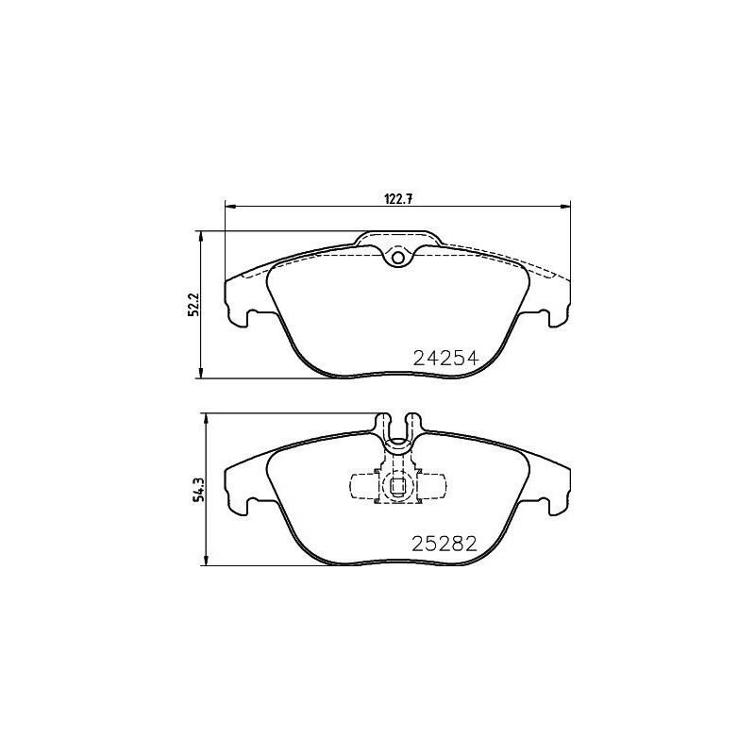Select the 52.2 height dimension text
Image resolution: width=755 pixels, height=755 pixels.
[x=193, y=305]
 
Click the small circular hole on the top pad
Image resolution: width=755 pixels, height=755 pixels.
[x=397, y=257]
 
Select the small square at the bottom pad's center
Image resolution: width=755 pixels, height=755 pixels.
[x=397, y=488]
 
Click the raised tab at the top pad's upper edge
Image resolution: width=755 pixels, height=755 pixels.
[x=397, y=239]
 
